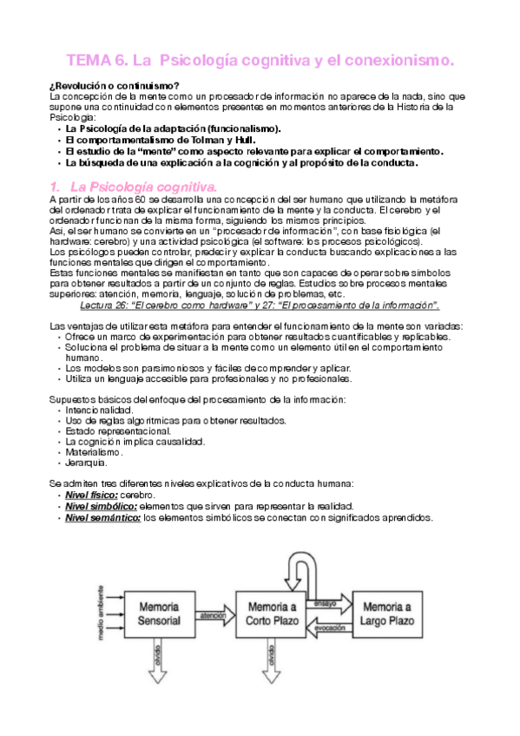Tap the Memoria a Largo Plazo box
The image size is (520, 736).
click(x=388, y=612)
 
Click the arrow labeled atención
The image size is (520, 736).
click(x=214, y=619)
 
